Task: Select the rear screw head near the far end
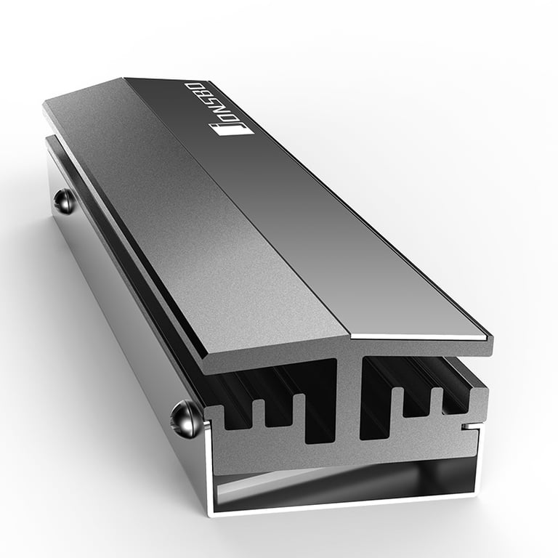(x=65, y=201)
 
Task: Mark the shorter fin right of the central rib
(x=398, y=404)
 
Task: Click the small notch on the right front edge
(x=472, y=426)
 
